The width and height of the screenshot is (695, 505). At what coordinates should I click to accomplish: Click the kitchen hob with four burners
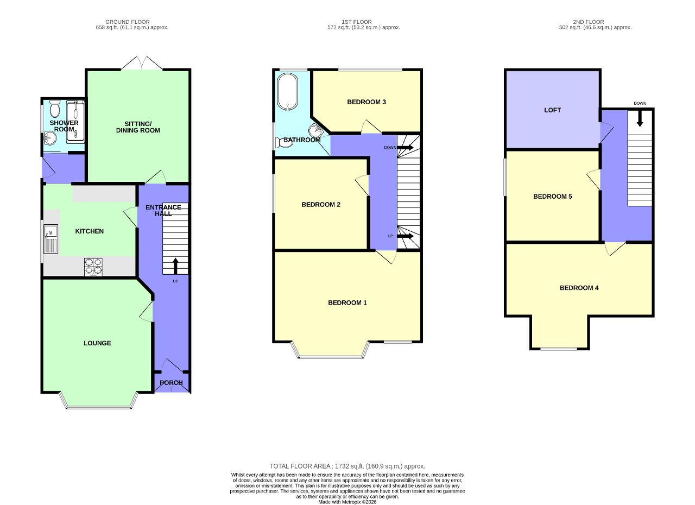93,267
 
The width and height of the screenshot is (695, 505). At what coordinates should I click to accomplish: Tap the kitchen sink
50,238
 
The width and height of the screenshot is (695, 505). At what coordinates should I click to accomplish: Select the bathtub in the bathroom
288,92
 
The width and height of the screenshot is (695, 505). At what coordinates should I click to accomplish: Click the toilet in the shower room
55,108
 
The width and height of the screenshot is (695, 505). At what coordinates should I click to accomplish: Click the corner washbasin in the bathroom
315,131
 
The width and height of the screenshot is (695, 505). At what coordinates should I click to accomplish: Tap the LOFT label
552,110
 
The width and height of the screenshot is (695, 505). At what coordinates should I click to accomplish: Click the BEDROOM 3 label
366,102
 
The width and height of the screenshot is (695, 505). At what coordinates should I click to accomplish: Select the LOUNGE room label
97,343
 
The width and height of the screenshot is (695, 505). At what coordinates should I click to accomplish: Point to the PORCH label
171,383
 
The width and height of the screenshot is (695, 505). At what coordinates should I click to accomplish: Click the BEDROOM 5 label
552,197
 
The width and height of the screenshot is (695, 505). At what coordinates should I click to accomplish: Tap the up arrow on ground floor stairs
175,266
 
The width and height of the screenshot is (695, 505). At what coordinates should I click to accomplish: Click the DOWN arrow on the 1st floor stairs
405,147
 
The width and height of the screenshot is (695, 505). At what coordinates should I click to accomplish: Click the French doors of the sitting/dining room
142,63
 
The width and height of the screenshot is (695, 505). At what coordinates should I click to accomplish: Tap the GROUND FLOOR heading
127,22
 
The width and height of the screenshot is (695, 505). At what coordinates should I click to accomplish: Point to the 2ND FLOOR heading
588,22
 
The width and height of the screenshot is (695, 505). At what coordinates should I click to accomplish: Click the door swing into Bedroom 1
386,257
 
